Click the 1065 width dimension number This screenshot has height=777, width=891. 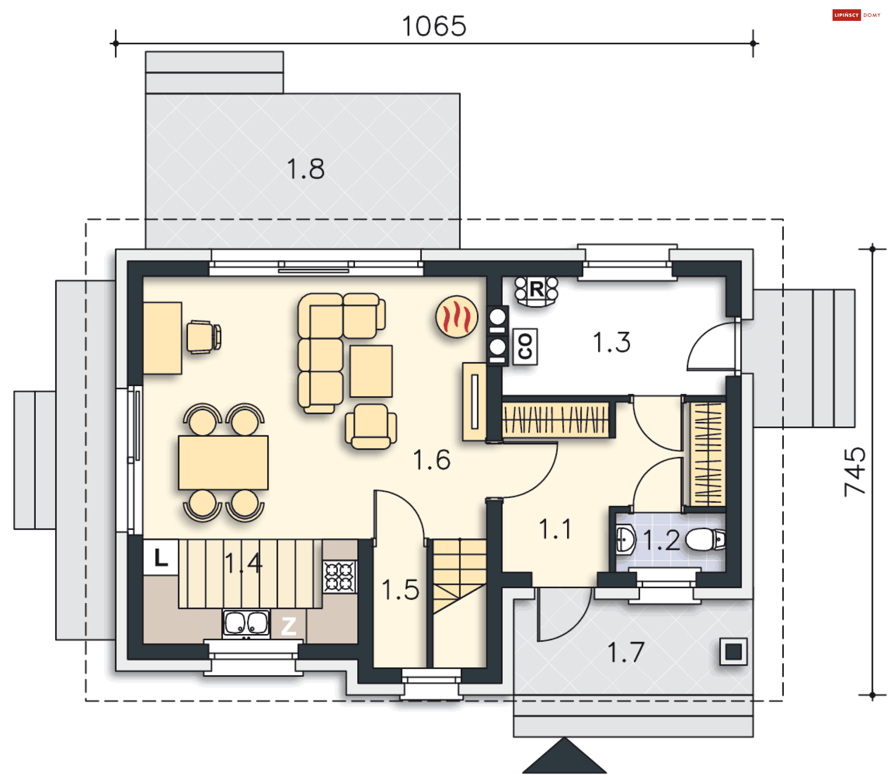point(434,26)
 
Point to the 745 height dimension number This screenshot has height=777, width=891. point(855,472)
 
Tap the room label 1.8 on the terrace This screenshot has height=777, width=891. point(305,168)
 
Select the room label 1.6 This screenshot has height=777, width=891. point(432,460)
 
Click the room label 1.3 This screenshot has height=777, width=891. point(612,343)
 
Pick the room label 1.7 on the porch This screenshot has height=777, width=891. point(626,652)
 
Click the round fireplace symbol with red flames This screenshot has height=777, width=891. point(457,317)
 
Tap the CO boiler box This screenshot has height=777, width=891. point(525,346)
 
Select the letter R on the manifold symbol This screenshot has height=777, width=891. point(536,289)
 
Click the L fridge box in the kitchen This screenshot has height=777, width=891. point(161,557)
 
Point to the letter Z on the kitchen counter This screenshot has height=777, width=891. point(289,626)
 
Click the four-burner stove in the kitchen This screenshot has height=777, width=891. point(340,576)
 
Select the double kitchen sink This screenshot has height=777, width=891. point(246,622)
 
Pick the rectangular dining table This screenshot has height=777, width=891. point(223,462)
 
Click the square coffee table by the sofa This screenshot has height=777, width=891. point(371,371)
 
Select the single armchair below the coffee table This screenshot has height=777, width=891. point(371,426)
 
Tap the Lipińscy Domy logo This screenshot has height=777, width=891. point(856,15)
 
